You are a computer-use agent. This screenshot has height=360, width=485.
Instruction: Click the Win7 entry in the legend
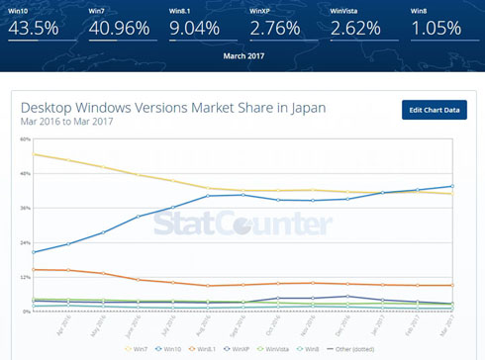point(139,347)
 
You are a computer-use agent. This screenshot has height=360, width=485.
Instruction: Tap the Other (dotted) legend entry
point(358,347)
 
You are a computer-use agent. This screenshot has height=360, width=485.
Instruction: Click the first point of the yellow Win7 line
point(35,154)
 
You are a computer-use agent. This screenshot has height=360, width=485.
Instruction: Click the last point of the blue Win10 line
point(452,186)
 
